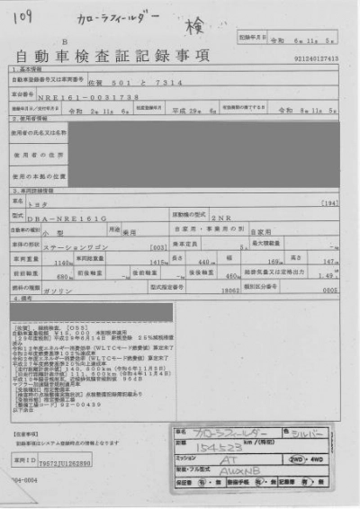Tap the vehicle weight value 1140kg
coord(62,262)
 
